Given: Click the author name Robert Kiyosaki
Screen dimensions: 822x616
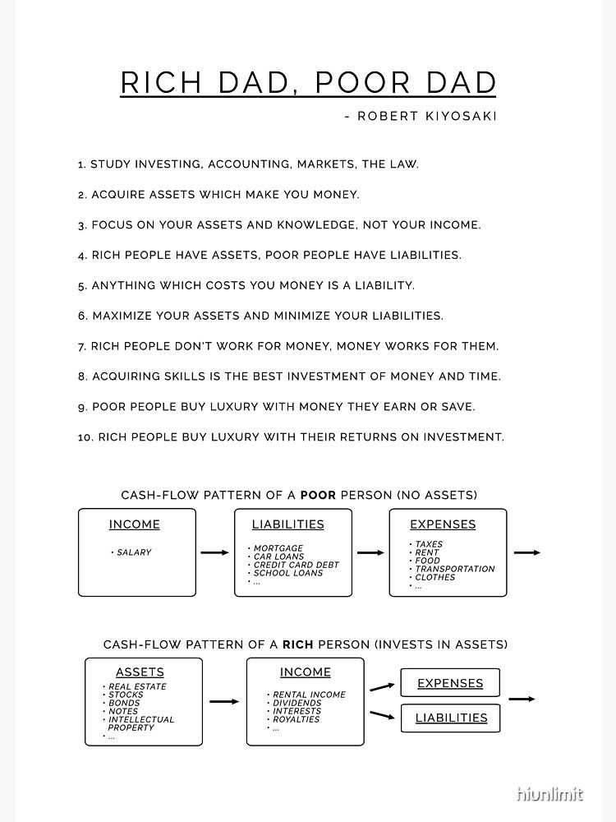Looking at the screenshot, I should click(427, 116).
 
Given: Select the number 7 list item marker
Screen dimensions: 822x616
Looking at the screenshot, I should click(81, 346).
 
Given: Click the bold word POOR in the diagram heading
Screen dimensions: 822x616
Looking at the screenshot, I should click(317, 495).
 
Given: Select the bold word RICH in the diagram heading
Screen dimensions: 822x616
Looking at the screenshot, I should click(298, 644).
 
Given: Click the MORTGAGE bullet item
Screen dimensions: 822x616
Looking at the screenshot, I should click(278, 548).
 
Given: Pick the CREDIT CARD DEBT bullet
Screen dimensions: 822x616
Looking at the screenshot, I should click(296, 565).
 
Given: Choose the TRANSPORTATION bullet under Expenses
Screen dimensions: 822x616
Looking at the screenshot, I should click(454, 569).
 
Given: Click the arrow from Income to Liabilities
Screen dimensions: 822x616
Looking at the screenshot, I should click(214, 552).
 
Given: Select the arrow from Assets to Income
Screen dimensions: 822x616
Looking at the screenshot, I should click(223, 701).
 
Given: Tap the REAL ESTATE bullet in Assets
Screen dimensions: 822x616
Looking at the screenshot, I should click(137, 686).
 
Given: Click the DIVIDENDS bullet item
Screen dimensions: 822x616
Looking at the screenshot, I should click(297, 703).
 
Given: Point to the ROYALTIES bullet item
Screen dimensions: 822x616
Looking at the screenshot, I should click(297, 719).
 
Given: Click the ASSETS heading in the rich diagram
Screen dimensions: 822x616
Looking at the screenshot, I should click(140, 672).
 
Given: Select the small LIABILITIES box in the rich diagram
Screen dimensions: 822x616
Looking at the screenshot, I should click(450, 718).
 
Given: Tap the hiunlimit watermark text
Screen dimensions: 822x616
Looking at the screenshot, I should click(549, 794).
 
